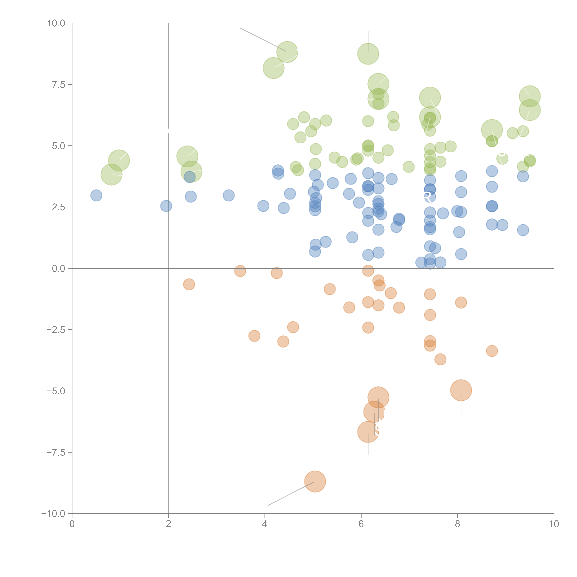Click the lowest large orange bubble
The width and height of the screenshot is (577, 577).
(x=315, y=481)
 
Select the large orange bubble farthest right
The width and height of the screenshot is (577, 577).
(x=461, y=390)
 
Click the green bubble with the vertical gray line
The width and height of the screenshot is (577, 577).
(x=368, y=54)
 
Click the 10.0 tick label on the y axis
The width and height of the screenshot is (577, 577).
(x=56, y=23)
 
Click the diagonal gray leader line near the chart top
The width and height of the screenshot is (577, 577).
(x=263, y=39)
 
